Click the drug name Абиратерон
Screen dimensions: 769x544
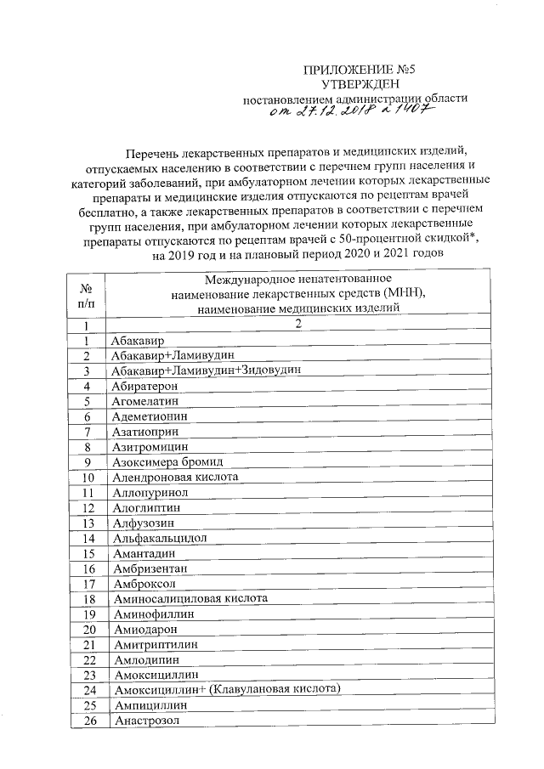[x=144, y=386]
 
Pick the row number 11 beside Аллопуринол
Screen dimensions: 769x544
[x=87, y=493]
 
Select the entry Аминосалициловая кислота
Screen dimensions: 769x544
[x=190, y=598]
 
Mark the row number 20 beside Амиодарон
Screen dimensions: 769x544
[x=87, y=630]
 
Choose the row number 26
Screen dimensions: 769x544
[x=87, y=721]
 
